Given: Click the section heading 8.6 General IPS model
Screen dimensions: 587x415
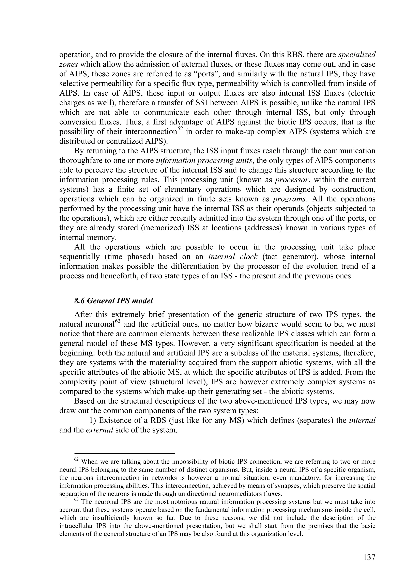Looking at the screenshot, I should tap(113, 301).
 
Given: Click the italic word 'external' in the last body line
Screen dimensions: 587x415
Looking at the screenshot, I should tap(99, 430).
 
